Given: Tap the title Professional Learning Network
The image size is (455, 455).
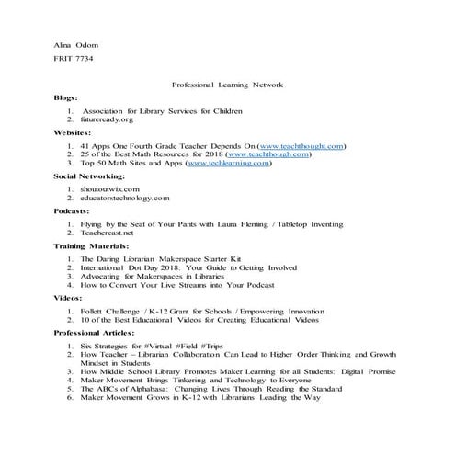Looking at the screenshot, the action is click(227, 85).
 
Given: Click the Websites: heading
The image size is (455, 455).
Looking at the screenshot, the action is click(73, 133).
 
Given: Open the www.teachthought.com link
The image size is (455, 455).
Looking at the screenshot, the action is click(302, 146).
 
